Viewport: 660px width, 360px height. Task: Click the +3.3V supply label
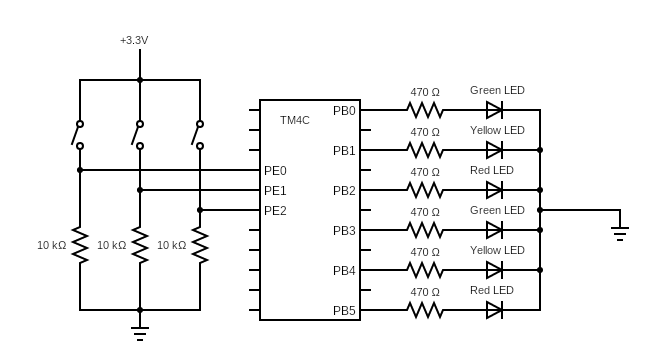tap(134, 40)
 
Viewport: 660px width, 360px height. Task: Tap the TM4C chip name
tap(295, 120)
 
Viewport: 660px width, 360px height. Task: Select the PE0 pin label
tap(275, 171)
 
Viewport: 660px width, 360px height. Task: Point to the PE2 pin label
tap(275, 211)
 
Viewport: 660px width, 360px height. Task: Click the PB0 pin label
tap(344, 111)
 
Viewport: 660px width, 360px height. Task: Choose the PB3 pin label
tap(344, 231)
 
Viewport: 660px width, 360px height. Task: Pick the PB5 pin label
tap(344, 311)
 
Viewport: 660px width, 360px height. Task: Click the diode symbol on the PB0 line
tap(494, 110)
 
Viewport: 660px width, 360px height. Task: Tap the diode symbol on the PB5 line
tap(494, 310)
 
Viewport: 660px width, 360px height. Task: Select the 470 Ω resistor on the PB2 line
tap(425, 190)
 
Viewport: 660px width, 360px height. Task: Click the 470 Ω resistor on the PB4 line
tap(425, 270)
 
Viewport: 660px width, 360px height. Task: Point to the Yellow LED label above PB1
tap(497, 131)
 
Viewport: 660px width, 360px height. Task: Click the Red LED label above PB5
tap(492, 291)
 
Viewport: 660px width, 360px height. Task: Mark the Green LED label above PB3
tap(497, 211)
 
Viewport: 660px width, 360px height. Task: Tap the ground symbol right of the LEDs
tap(620, 234)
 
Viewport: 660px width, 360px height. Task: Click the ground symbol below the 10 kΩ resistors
tap(140, 334)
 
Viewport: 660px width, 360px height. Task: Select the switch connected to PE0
tap(78, 135)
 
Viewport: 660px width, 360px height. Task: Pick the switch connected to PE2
tap(198, 135)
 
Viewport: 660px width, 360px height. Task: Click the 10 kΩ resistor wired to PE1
tap(140, 245)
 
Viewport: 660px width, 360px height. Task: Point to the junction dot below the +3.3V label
tap(140, 80)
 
